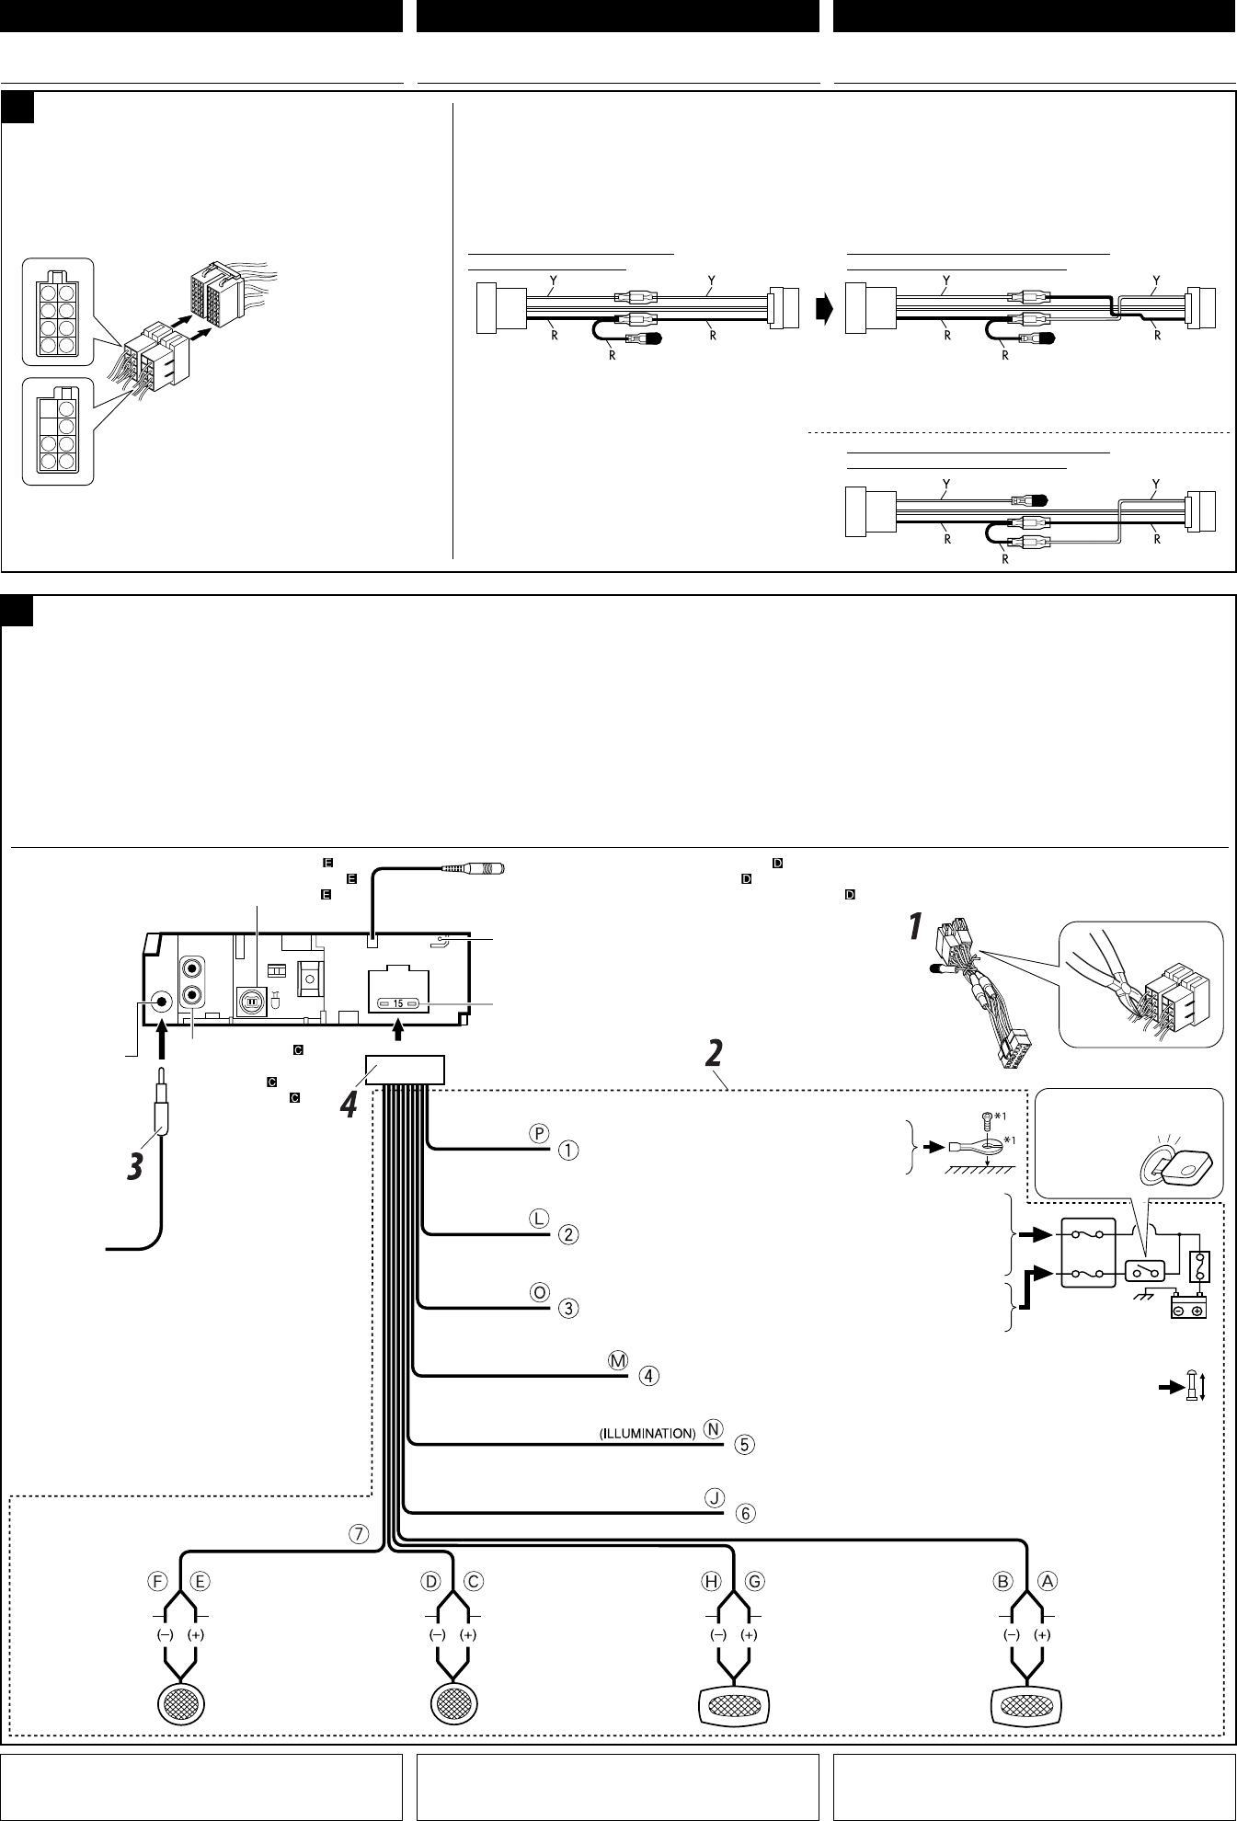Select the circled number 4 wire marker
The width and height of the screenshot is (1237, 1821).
coord(648,1376)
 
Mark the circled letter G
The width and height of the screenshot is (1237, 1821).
coord(755,1581)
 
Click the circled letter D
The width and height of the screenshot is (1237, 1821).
coord(430,1581)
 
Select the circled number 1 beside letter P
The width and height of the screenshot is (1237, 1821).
coord(569,1150)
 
